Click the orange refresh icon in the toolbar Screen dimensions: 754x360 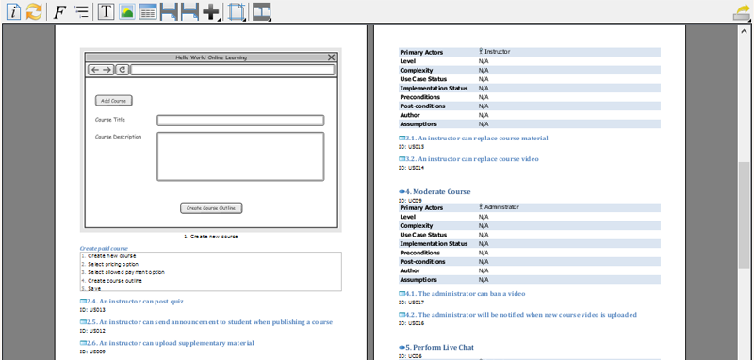(34, 12)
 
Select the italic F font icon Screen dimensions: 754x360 (59, 12)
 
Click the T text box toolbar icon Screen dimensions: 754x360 (106, 12)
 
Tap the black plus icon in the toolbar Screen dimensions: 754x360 (210, 12)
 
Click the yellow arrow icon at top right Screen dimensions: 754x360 (742, 12)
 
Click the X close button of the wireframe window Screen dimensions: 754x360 (331, 57)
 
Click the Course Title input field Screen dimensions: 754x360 (240, 120)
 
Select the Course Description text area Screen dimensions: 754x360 (240, 155)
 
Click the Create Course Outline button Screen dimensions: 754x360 (212, 207)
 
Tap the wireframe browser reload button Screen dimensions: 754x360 (123, 70)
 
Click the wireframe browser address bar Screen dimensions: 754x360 (232, 70)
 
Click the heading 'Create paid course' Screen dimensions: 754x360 (104, 248)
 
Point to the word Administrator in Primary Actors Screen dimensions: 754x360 (502, 207)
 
